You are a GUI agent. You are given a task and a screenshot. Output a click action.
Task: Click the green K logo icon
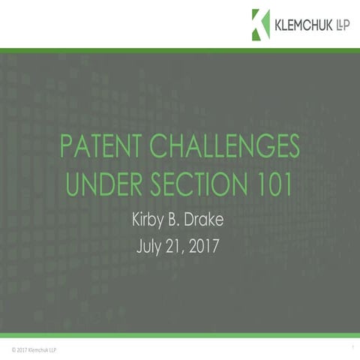tap(260, 24)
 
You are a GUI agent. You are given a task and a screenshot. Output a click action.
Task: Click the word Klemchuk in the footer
tap(36, 349)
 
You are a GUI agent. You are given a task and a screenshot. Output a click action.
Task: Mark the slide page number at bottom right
tap(351, 348)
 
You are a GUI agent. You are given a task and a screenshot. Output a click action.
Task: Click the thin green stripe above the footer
tap(180, 335)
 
